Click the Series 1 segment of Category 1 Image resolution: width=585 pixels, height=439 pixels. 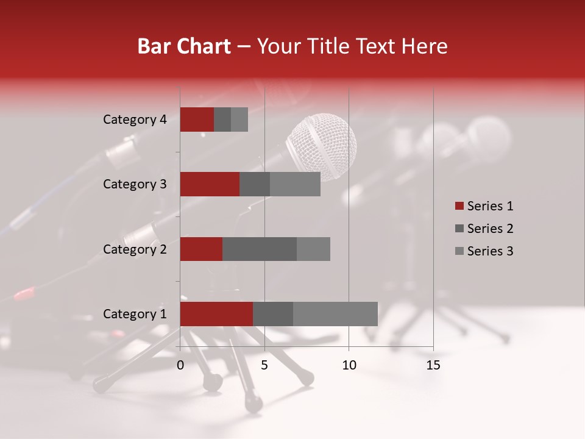[216, 314]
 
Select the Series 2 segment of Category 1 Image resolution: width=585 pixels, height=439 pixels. [273, 314]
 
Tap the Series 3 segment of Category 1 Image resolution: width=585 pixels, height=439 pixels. [335, 314]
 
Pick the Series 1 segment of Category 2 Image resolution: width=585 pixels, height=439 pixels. [201, 249]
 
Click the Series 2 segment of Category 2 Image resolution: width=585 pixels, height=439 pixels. [260, 249]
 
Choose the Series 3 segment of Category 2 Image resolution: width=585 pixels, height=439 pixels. [313, 249]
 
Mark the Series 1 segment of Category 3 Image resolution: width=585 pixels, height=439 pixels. [210, 184]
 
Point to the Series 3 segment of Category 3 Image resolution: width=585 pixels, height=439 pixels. [295, 184]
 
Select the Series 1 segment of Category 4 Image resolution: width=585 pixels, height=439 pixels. [197, 120]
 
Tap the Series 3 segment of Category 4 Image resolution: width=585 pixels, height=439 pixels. [239, 120]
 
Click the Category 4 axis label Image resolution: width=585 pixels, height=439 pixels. [135, 120]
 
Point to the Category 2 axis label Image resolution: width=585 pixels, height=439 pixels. [135, 249]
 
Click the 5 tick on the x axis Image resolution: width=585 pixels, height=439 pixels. [264, 365]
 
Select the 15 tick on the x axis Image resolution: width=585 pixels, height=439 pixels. [433, 365]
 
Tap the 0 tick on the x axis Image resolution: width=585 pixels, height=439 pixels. [180, 365]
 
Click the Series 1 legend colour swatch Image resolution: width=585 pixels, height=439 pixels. [459, 206]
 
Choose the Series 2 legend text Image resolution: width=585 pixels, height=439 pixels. [490, 229]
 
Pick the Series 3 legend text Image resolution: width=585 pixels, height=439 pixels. [490, 251]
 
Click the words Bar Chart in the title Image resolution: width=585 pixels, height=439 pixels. [183, 46]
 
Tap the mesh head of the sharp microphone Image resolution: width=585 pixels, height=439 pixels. [321, 146]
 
